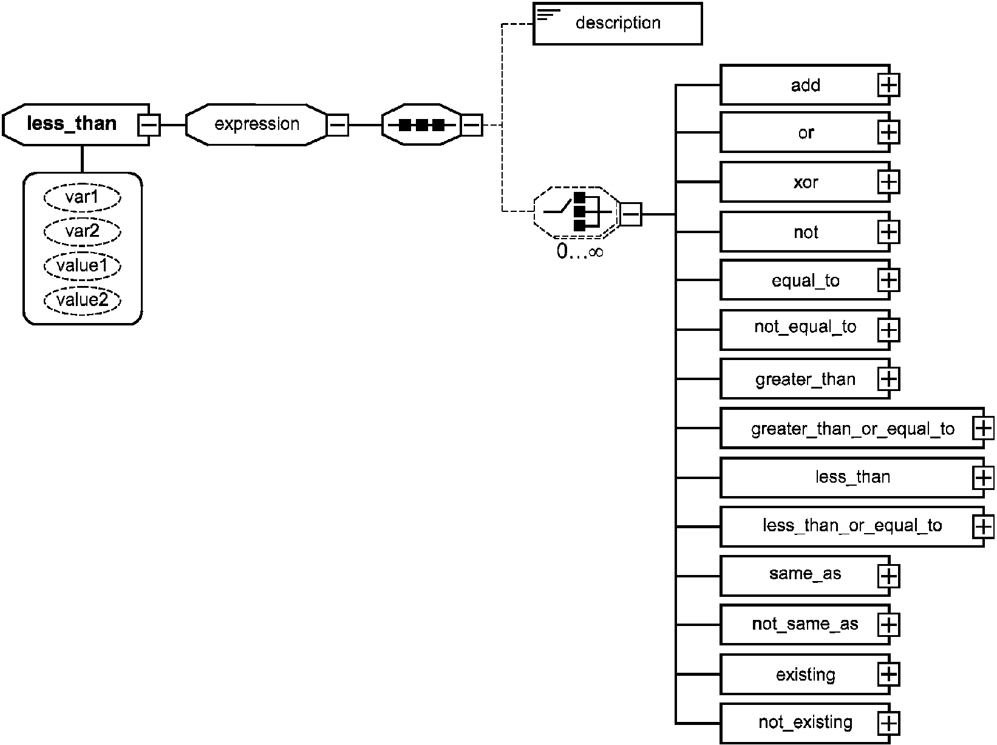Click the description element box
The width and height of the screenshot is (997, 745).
[618, 24]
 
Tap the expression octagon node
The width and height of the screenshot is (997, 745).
[256, 124]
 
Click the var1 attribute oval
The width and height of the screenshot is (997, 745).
[82, 197]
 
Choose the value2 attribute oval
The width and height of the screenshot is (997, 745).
[82, 300]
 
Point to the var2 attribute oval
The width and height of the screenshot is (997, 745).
[82, 231]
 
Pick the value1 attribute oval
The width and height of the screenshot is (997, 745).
[82, 266]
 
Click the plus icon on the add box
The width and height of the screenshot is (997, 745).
[888, 86]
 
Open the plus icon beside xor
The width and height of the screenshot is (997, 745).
[888, 183]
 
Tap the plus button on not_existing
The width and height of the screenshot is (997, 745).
[888, 723]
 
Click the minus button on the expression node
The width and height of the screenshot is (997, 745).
[338, 125]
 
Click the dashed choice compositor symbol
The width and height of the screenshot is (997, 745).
[576, 213]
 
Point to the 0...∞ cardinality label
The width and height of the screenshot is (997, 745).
[580, 251]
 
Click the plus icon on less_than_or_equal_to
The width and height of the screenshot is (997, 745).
[984, 526]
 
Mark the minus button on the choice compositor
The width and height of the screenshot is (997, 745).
[631, 214]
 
